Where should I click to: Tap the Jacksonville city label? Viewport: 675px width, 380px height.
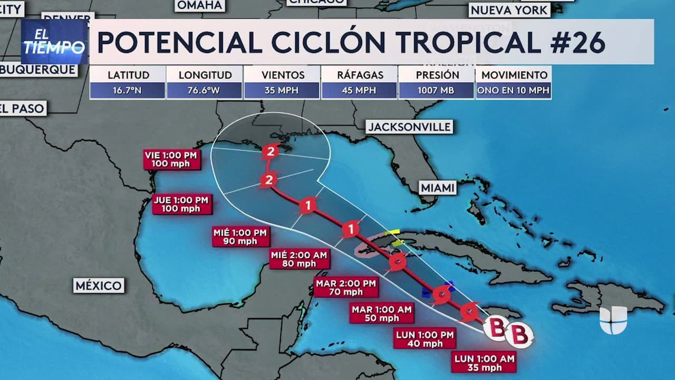point(410,127)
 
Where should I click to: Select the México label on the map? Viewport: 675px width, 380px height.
point(99,286)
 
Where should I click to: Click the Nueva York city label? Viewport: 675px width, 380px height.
point(509,9)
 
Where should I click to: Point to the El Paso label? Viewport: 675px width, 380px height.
point(23,109)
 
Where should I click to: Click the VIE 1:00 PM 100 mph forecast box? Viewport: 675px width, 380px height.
point(172,159)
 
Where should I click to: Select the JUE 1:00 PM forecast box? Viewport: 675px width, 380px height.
point(181,204)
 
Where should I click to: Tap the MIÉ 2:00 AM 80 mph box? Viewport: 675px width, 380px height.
point(298,259)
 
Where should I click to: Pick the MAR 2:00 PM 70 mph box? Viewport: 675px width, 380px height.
point(346,287)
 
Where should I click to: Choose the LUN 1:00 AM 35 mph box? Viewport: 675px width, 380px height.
point(484,363)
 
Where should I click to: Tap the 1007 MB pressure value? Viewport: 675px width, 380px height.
point(436,91)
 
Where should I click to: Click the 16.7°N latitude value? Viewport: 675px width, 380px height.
point(127,91)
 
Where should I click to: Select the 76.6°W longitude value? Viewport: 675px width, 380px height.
point(204,91)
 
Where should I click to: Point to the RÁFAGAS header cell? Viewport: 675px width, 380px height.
point(360,75)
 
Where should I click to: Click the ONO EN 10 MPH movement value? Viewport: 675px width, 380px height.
point(513,91)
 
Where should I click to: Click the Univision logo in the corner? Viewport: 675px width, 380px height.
point(613,319)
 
